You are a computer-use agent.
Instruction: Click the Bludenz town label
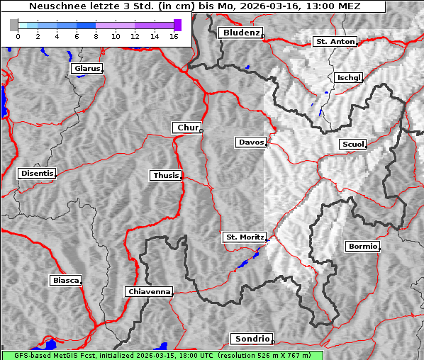(x=240, y=33)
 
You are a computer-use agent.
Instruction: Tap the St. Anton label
(x=334, y=42)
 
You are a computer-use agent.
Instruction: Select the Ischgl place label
(x=349, y=77)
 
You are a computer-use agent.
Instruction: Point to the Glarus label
(x=86, y=69)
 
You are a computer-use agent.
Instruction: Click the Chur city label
(x=186, y=128)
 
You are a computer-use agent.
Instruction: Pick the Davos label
(x=250, y=142)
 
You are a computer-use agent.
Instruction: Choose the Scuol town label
(x=352, y=144)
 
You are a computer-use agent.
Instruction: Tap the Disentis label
(x=36, y=174)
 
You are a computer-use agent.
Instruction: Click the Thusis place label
(x=166, y=175)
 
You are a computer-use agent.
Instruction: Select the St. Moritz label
(x=244, y=237)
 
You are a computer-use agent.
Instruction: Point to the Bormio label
(x=362, y=247)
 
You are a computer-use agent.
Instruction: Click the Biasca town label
(x=65, y=280)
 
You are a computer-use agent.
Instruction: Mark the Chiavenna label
(x=148, y=291)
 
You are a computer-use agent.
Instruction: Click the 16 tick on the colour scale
(x=173, y=35)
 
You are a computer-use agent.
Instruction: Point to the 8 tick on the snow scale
(x=96, y=35)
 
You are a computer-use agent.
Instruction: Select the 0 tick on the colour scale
(x=18, y=35)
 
